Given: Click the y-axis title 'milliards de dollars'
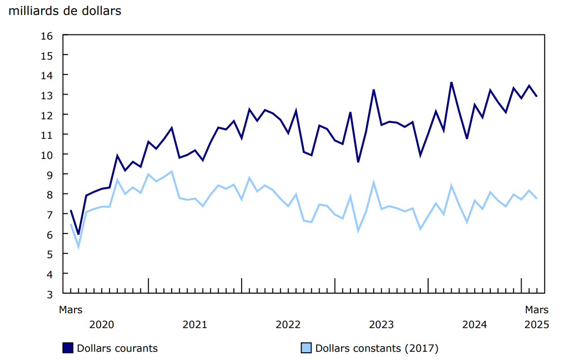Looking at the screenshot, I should pos(65,11).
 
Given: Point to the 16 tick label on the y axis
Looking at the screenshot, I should pos(47,35).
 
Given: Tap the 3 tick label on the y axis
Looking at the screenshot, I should pos(49,294).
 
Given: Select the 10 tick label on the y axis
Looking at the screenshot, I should pos(47,155).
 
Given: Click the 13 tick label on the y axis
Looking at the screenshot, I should pos(47,95).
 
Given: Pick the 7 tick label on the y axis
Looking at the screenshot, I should pos(49,214).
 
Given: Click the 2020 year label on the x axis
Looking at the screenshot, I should pos(102,325).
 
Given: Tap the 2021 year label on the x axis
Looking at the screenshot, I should pos(195,325).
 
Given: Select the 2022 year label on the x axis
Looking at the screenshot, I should pos(288,325).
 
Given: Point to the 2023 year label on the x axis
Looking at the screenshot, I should pos(381,325).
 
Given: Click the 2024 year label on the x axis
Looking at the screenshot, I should pos(474,325).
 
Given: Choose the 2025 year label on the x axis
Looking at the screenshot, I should pos(537,325).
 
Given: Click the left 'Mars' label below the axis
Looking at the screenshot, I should pos(70,310).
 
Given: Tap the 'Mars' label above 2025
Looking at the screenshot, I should pos(537,310).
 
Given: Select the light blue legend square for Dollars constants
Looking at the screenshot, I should pos(306,348).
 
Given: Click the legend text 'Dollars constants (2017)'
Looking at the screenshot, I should pos(376,348).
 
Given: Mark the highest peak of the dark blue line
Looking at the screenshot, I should pos(451,82).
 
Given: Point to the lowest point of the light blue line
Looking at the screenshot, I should pos(78,247).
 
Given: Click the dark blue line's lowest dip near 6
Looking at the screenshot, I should pos(78,234).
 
